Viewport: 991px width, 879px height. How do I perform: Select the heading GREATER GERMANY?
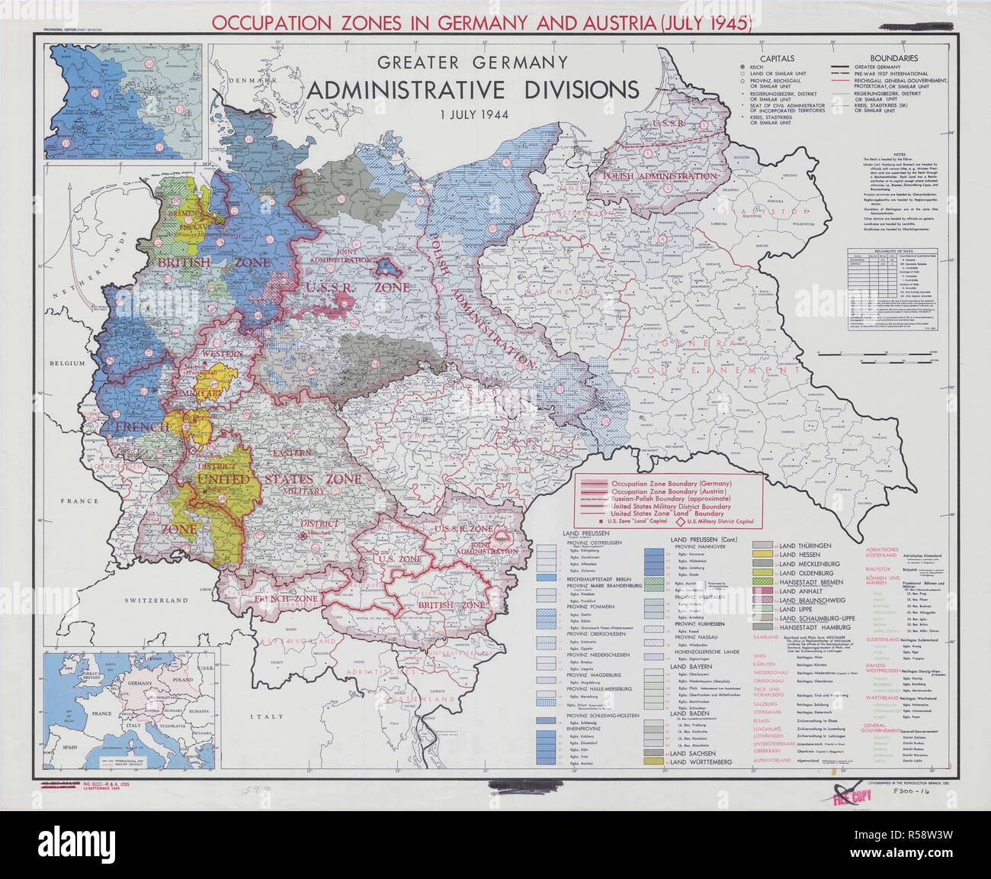coord(473,62)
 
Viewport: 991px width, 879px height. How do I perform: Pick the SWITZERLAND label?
coord(156,600)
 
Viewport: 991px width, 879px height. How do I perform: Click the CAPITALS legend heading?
coord(776,58)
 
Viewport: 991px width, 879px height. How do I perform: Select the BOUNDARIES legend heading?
coord(894,58)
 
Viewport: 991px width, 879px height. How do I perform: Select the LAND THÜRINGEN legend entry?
coord(805,546)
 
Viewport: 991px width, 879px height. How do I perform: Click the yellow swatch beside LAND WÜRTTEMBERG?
coord(653,761)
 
